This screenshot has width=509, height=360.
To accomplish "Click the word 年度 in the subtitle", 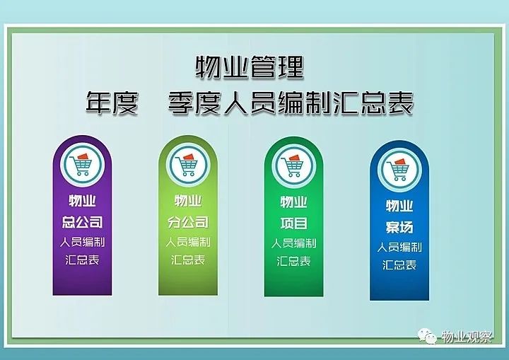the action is point(112,103).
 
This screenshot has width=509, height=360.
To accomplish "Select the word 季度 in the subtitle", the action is point(195,103).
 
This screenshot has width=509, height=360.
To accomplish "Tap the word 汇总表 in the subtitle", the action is point(373,103).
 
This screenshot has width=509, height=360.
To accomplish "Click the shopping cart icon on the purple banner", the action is point(82,164).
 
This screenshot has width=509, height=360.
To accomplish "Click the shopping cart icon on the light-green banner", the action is point(188,165).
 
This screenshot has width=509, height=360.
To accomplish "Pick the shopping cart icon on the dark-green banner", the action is point(294,166).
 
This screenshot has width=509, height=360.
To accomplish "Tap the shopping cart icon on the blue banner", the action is point(399,170).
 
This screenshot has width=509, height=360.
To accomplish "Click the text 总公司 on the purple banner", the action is point(82,222).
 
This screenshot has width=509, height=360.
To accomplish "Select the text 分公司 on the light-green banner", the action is point(188,222).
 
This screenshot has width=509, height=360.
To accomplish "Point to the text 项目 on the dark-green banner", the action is point(294,223).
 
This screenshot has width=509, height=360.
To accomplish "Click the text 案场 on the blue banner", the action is point(399,228).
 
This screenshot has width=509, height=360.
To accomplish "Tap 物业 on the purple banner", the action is point(82,200).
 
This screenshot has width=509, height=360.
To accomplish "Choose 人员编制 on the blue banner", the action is point(399,248).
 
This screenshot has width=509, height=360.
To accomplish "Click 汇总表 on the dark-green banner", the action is point(294,261).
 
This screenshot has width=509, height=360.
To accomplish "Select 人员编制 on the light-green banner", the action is point(188,242).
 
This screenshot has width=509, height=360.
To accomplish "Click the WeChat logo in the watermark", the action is point(427,336).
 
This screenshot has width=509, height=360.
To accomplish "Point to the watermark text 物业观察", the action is point(467,337).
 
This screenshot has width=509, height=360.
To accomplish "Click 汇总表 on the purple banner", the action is point(82,260).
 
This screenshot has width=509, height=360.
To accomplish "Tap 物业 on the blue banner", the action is point(399,206).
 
